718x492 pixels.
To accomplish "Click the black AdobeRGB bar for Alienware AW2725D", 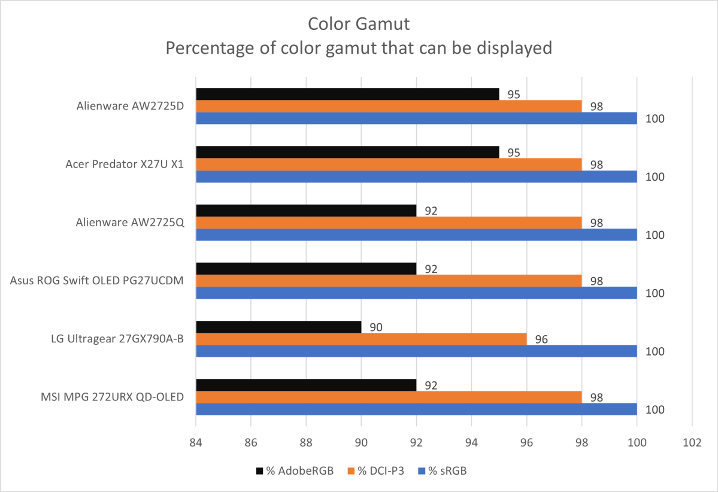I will [x=347, y=94].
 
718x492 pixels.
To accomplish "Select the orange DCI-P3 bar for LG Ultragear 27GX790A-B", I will [x=361, y=339].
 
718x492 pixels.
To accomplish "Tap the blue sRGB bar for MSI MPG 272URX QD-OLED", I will [x=416, y=409].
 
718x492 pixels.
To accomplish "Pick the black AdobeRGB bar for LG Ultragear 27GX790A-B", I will [x=278, y=327].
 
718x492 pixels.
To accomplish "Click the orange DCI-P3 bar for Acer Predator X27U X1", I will [x=389, y=165].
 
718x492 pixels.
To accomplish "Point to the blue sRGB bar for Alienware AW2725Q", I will [x=416, y=235].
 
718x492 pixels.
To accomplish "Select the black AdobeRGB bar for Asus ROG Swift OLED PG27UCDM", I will [x=306, y=269].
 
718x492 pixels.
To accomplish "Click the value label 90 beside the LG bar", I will [x=375, y=327].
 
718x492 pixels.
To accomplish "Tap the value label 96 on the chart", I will [x=541, y=339].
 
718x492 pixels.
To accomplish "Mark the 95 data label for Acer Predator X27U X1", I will [x=513, y=153].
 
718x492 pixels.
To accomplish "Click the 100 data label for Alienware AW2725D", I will [x=655, y=119].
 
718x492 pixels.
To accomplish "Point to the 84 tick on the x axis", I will [x=196, y=443].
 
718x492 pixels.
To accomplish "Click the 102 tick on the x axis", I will [x=692, y=443].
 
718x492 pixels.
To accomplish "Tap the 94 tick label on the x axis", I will [x=471, y=443].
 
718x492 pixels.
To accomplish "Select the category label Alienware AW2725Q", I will [x=131, y=223].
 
